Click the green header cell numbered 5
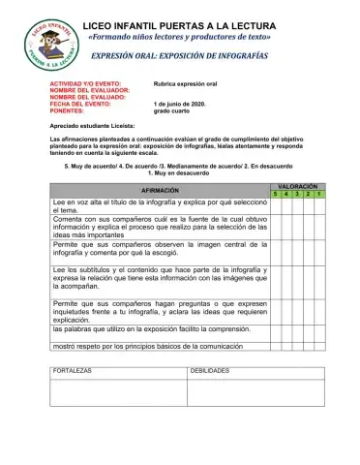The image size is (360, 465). [274, 194]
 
